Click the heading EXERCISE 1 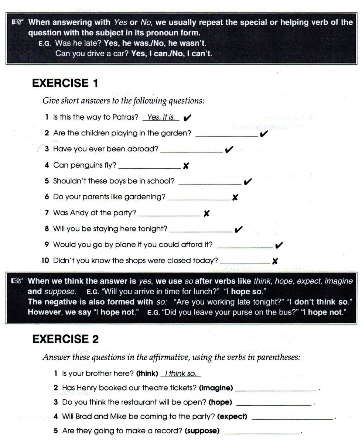coord(65,84)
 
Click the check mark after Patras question coord(187,118)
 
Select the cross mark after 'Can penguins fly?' coord(186,166)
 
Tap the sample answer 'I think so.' coord(181,374)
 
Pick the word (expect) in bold coord(232,417)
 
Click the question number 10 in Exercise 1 coord(45,261)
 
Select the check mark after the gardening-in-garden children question coord(264,134)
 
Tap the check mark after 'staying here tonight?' coord(238,230)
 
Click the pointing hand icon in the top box coord(17,23)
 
